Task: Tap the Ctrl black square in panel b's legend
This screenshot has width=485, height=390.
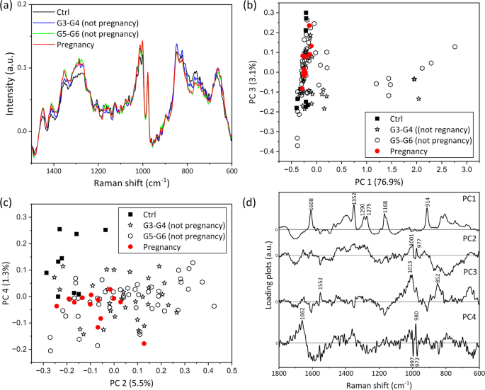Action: pos(372,117)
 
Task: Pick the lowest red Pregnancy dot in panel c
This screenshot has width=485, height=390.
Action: pos(144,343)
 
